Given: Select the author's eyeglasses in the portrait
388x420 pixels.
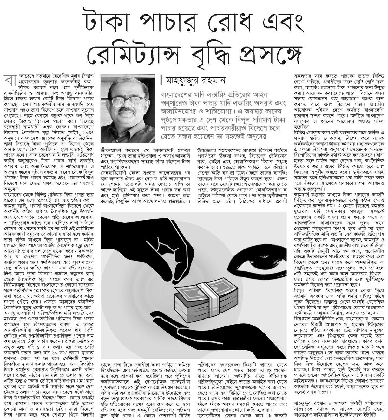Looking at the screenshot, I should tap(127, 102).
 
